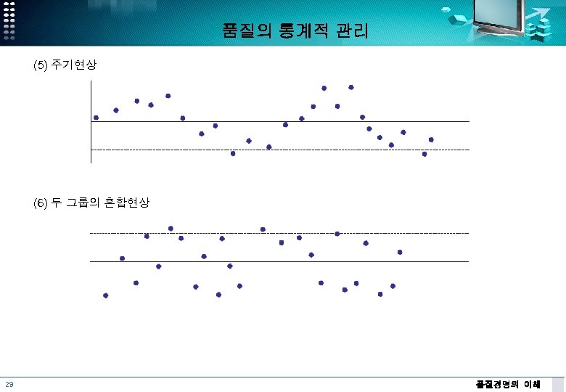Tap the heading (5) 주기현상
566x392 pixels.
(65, 65)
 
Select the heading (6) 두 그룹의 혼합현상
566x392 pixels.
(91, 203)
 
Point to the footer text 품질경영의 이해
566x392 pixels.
(508, 383)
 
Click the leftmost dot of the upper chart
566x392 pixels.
(96, 118)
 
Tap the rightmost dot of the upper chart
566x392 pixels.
(431, 139)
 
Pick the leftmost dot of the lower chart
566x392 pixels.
(106, 295)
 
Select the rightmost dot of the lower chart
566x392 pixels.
(400, 252)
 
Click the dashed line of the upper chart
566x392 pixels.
(327, 150)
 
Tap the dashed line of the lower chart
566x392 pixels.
(218, 233)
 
